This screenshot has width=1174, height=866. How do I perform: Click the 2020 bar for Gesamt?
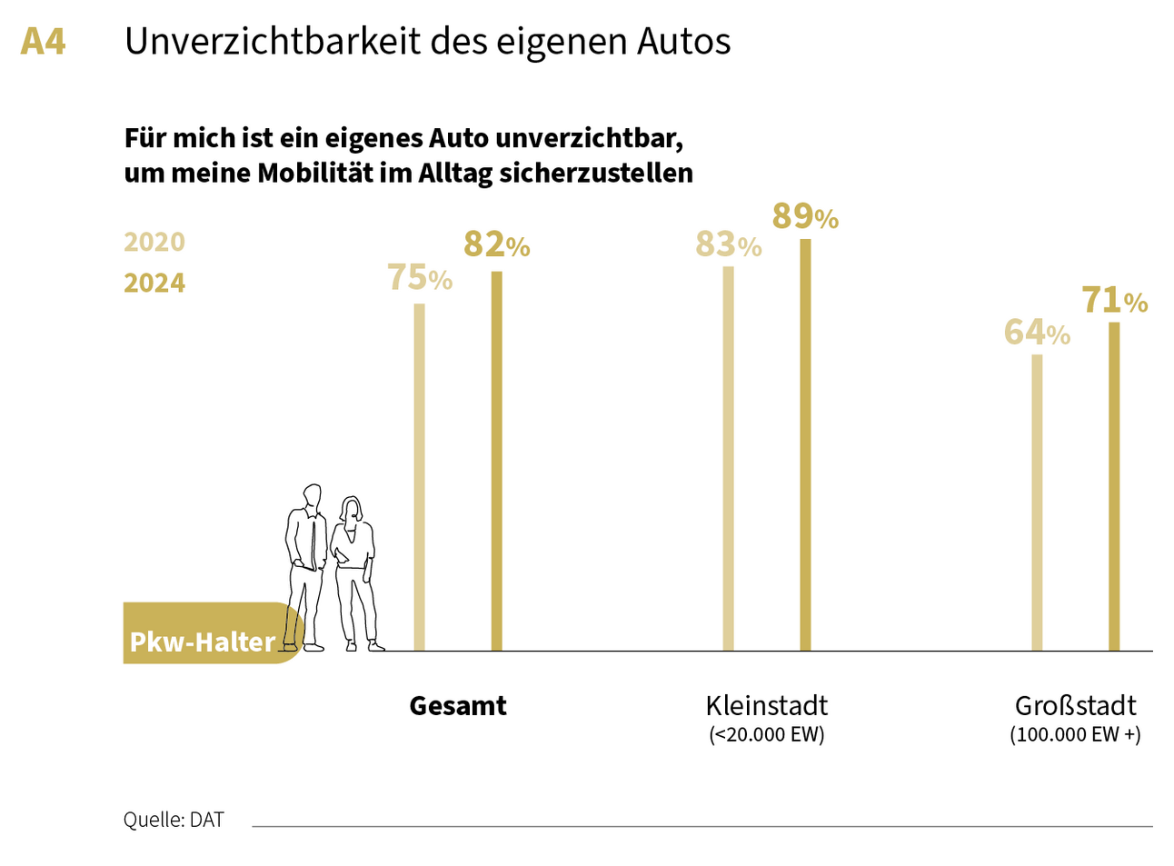coord(419,477)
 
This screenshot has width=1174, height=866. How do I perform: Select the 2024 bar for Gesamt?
coord(496,461)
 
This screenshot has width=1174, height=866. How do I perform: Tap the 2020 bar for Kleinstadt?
coord(728,458)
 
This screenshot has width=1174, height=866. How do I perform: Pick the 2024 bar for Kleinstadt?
coord(805,444)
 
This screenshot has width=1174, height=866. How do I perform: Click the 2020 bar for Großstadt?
coord(1037,502)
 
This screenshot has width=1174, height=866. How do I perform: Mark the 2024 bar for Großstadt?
coord(1114,486)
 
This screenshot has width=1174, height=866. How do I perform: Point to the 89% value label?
coord(805,217)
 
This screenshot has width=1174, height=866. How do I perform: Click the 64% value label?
coord(1037,333)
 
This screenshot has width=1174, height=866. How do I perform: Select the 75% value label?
coord(419,278)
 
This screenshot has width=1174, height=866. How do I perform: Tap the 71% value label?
coord(1114,300)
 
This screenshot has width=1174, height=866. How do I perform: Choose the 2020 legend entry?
coord(154,243)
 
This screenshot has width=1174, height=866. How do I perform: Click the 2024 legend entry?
coord(154,284)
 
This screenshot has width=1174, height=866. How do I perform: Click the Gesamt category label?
coord(458,706)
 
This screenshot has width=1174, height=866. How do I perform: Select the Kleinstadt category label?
coord(766,706)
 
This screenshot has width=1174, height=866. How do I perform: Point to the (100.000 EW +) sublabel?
coord(1075,735)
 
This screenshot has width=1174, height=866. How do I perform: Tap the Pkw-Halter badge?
coord(203,641)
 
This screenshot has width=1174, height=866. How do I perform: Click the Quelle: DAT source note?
coord(174,820)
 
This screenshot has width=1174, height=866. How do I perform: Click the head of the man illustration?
coord(313,496)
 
